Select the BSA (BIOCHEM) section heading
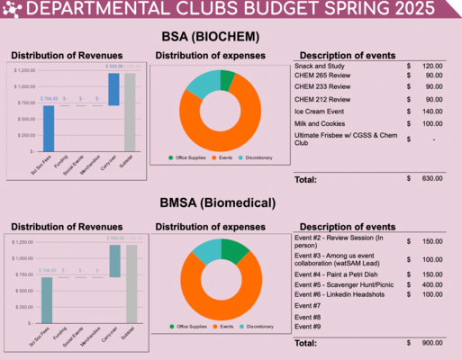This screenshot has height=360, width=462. [x=231, y=37]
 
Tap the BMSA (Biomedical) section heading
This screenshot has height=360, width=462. [x=231, y=203]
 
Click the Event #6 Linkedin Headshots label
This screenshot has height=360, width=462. [x=341, y=294]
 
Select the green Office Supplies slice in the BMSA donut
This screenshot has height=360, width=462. [x=236, y=250]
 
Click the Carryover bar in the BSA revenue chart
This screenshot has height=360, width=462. [x=113, y=89]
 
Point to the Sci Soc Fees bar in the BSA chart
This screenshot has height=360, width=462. [x=49, y=128]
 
